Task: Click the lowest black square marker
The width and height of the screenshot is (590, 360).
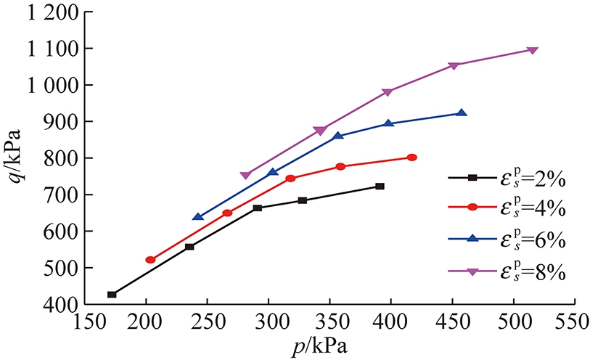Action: coord(112,295)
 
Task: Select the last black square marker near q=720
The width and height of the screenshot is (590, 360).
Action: coord(380,187)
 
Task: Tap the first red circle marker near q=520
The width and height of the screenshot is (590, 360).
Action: coord(150,260)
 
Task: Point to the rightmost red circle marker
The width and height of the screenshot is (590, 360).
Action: coord(412,157)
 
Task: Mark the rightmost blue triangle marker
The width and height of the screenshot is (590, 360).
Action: coord(462,113)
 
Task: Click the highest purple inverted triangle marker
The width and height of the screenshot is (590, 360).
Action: coord(533,50)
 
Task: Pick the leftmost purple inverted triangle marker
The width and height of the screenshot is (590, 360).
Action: coord(245,176)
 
